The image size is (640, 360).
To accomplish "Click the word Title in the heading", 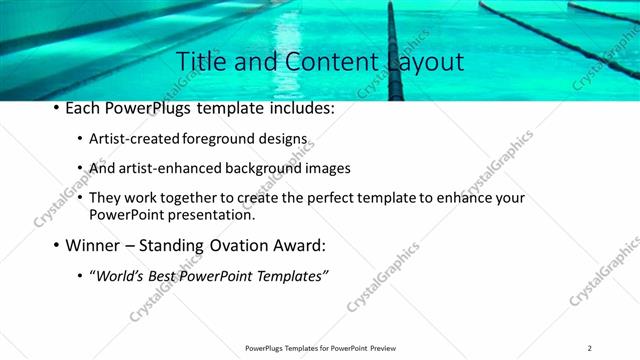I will (x=199, y=62).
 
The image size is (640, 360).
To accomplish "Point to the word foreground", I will (x=224, y=139).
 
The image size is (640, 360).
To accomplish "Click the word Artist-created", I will (x=135, y=139).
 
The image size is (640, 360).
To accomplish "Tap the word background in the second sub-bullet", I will (x=257, y=168).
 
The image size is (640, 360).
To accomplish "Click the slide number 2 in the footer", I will (x=590, y=348).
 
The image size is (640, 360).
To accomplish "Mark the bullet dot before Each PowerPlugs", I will (x=55, y=108).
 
